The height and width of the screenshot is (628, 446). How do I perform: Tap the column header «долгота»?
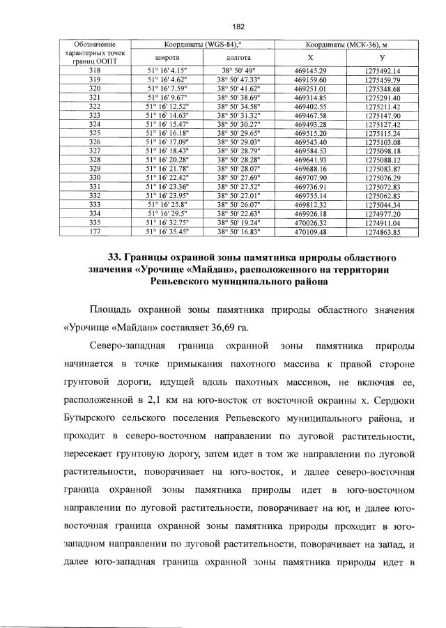pos(237,57)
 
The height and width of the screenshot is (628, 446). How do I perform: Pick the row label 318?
pos(97,71)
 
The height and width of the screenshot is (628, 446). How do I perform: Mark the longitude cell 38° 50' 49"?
pos(237,71)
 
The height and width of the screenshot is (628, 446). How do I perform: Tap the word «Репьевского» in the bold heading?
pos(183,282)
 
